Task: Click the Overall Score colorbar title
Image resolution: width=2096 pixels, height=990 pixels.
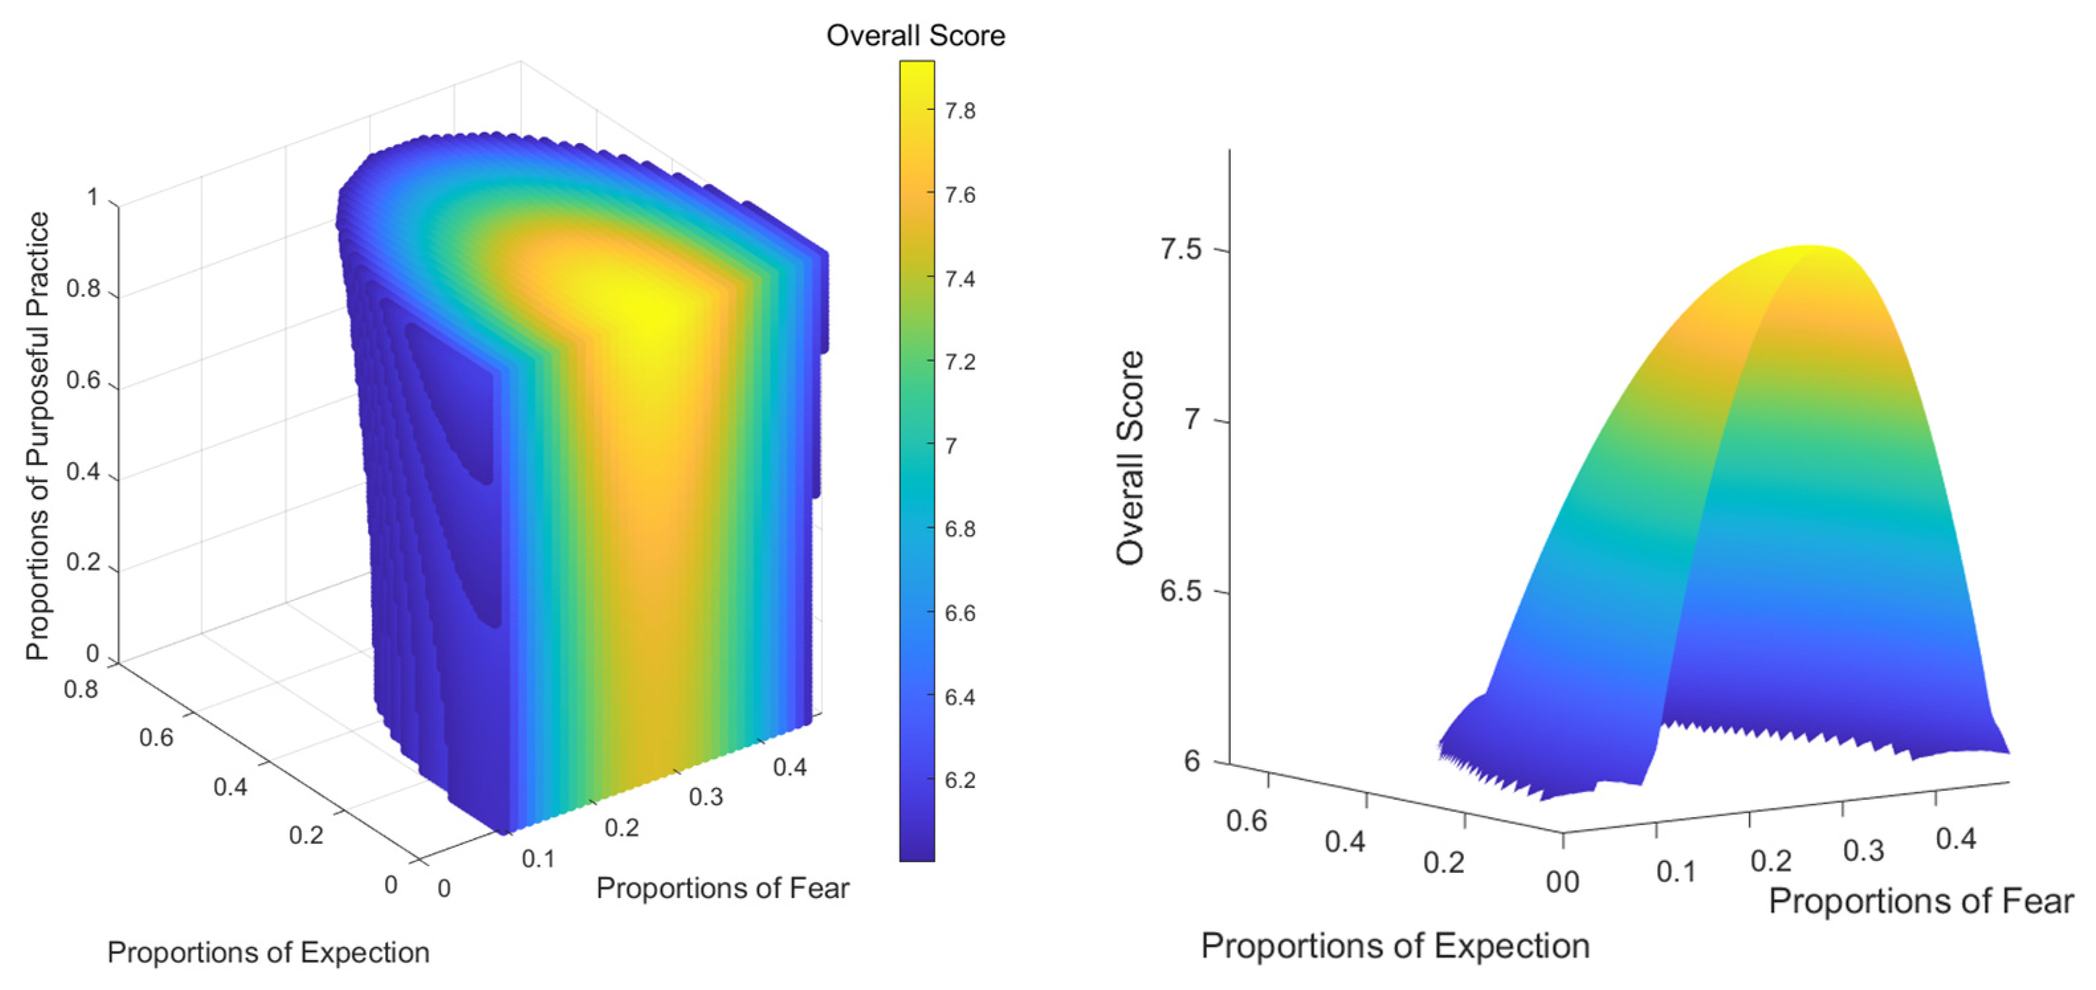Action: click(x=916, y=36)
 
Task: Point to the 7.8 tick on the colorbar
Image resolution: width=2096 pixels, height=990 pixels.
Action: click(x=959, y=111)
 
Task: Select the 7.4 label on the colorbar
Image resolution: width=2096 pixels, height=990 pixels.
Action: click(x=959, y=279)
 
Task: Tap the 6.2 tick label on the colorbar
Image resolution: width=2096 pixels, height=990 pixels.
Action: click(x=959, y=780)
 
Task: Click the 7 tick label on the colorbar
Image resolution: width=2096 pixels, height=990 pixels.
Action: click(x=951, y=446)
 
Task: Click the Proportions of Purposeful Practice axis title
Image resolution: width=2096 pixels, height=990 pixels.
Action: click(x=37, y=436)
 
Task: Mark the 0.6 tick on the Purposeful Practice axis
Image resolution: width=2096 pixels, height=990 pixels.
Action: click(x=82, y=381)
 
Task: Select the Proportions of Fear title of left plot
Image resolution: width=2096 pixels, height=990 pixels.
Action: click(x=723, y=887)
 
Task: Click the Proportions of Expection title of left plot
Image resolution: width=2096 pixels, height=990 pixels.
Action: click(x=268, y=952)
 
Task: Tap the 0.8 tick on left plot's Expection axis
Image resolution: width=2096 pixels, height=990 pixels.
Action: click(x=81, y=690)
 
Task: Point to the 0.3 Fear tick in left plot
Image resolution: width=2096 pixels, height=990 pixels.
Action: click(x=706, y=797)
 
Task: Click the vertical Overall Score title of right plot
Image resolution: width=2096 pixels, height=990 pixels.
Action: click(x=1130, y=458)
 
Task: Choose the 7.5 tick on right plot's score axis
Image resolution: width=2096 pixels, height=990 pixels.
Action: click(x=1180, y=249)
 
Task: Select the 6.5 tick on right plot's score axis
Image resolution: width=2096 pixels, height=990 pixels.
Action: click(x=1180, y=591)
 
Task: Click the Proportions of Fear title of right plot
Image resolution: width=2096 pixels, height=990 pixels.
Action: click(x=1921, y=901)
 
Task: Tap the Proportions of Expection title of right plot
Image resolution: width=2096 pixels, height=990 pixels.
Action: click(x=1394, y=946)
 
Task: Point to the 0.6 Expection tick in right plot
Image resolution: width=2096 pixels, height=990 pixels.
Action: click(x=1247, y=820)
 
